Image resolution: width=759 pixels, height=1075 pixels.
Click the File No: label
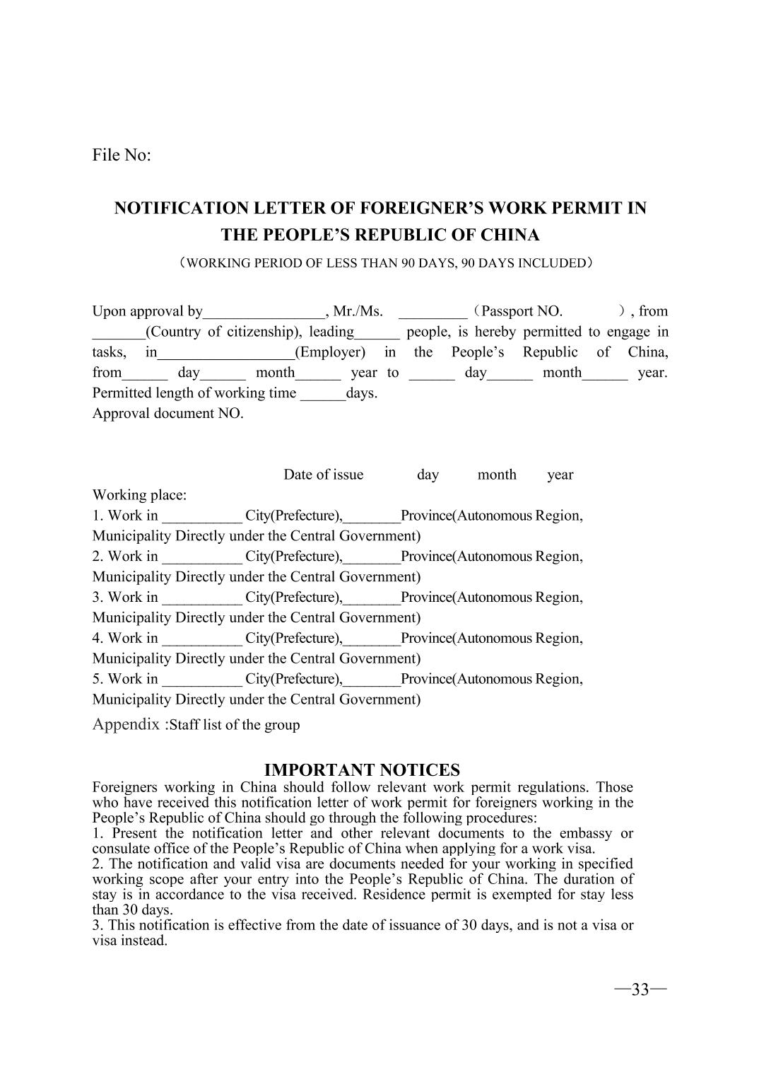pyautogui.click(x=122, y=155)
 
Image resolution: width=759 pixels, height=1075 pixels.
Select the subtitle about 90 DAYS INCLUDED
pyautogui.click(x=385, y=263)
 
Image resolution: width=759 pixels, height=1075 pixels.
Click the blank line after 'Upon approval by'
pyautogui.click(x=264, y=313)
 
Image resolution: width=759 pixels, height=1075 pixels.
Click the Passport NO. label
pyautogui.click(x=522, y=311)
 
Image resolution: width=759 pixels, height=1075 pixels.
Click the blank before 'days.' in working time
pyautogui.click(x=323, y=395)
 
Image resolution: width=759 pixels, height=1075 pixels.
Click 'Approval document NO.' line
pyautogui.click(x=167, y=414)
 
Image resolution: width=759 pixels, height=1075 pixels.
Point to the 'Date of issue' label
pyautogui.click(x=323, y=475)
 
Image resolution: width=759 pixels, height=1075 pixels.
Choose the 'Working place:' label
pyautogui.click(x=139, y=495)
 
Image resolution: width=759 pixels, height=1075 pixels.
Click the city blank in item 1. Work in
pyautogui.click(x=202, y=517)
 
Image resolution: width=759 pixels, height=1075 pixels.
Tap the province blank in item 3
pyautogui.click(x=372, y=598)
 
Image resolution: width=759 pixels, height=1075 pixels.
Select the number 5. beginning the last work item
pyautogui.click(x=98, y=679)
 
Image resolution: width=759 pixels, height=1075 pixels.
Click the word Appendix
pyautogui.click(x=126, y=724)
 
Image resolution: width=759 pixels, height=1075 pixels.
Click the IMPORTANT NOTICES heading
pyautogui.click(x=362, y=769)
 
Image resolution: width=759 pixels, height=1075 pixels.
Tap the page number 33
pyautogui.click(x=640, y=989)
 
